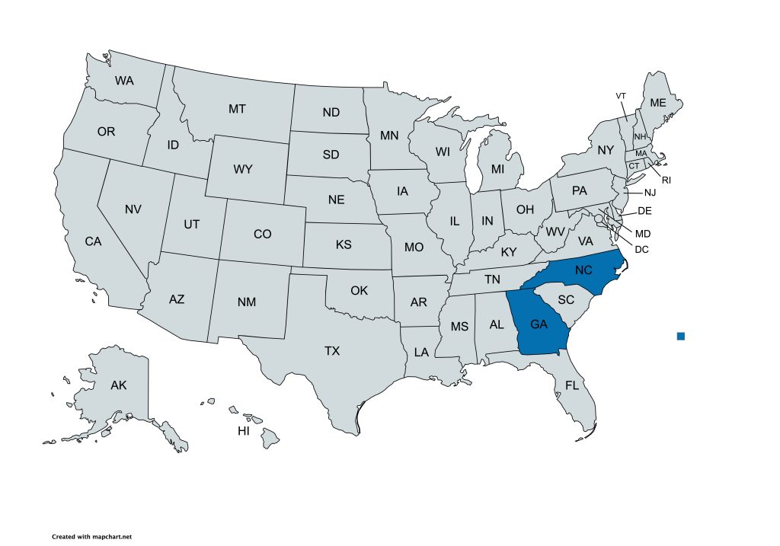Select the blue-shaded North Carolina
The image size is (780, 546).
click(x=583, y=270)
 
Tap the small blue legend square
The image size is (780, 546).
click(x=681, y=336)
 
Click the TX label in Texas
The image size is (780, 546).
click(x=332, y=351)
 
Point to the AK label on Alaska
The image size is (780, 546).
click(x=118, y=385)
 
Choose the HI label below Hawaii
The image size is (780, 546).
click(x=244, y=431)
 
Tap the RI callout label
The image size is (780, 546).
click(x=666, y=180)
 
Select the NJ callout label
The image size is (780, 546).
click(x=650, y=193)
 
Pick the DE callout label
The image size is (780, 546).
click(x=644, y=211)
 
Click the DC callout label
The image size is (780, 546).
click(x=641, y=249)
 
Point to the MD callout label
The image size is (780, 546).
click(x=644, y=233)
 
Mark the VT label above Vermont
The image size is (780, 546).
click(x=621, y=96)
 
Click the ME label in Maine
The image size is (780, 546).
click(x=657, y=104)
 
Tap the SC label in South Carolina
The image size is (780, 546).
click(x=565, y=300)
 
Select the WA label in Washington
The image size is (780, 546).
click(x=124, y=80)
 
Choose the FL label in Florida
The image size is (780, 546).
click(x=572, y=385)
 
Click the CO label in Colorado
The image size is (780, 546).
click(x=262, y=235)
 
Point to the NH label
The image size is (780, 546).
click(x=640, y=136)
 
